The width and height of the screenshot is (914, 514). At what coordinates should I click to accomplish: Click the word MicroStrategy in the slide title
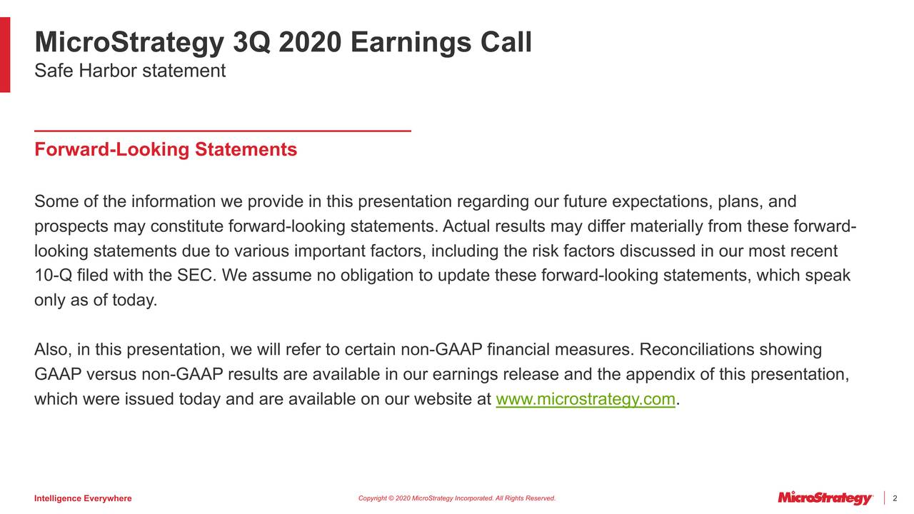pyautogui.click(x=129, y=43)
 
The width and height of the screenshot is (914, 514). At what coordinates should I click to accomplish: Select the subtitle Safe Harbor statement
pyautogui.click(x=130, y=71)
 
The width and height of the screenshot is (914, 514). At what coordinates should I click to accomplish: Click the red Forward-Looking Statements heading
pyautogui.click(x=166, y=150)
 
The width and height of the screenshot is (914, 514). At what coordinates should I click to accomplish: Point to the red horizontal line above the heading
pyautogui.click(x=223, y=131)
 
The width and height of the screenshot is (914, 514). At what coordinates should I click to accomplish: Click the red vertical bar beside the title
pyautogui.click(x=5, y=55)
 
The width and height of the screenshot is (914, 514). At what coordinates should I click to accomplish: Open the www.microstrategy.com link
pyautogui.click(x=585, y=400)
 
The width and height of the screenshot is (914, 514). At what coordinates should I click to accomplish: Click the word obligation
pyautogui.click(x=374, y=276)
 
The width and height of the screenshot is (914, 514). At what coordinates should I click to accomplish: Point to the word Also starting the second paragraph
pyautogui.click(x=51, y=350)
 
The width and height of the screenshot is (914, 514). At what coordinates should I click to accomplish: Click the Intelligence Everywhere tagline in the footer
pyautogui.click(x=83, y=498)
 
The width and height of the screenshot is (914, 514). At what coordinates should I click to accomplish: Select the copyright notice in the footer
pyautogui.click(x=456, y=498)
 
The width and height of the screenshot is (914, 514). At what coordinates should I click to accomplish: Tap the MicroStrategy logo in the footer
pyautogui.click(x=825, y=498)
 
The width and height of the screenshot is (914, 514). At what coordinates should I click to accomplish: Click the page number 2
pyautogui.click(x=895, y=498)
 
